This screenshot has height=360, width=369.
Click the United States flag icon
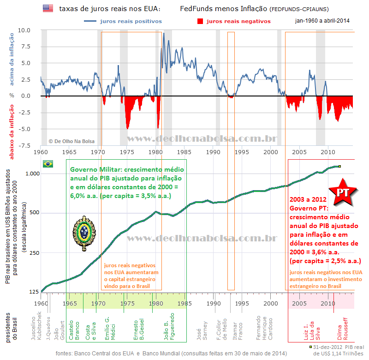(48, 8)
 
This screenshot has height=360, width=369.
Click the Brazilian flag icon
(48, 164)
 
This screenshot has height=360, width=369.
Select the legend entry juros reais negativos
(233, 21)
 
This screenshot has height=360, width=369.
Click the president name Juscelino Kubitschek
(36, 328)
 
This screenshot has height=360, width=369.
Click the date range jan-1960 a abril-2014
(322, 21)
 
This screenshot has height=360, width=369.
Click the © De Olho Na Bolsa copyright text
(72, 141)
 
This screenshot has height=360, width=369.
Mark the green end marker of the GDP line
(339, 166)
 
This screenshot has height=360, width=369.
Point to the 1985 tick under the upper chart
(184, 151)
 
